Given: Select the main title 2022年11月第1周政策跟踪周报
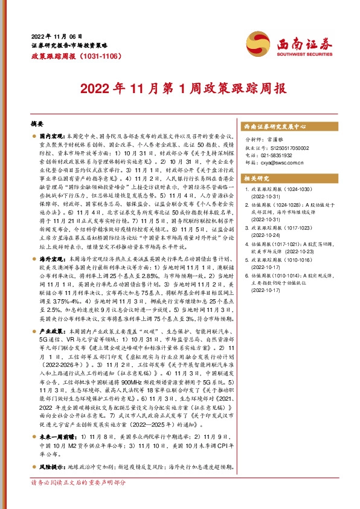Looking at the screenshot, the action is click(179, 89).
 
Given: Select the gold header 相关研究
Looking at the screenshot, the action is click(256, 179).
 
